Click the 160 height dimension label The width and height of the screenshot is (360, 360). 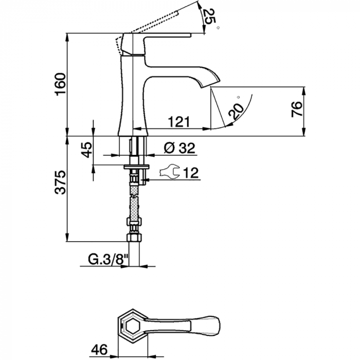click(60, 84)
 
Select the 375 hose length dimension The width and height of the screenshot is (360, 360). click(60, 183)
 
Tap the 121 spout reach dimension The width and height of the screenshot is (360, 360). click(179, 122)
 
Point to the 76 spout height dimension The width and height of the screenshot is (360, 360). click(297, 109)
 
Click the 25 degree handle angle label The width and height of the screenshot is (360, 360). click(209, 16)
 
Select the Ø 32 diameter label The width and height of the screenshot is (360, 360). click(179, 148)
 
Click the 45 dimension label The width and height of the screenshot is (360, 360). click(87, 150)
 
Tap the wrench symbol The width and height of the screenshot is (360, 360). click(169, 171)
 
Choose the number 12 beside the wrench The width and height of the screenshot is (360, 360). click(191, 173)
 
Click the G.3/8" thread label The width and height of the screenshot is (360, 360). click(108, 260)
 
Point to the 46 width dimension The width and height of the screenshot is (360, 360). click(99, 350)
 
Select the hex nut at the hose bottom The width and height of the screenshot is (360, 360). click(134, 238)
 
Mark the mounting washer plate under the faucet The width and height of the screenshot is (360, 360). click(137, 167)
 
